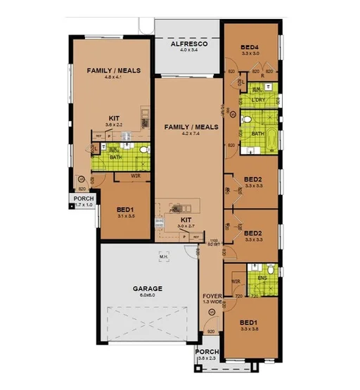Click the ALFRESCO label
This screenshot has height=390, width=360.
tap(187, 44)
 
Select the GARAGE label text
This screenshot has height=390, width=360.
tap(148, 289)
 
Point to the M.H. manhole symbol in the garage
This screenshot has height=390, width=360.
tap(165, 257)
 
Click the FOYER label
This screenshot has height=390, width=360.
tap(212, 296)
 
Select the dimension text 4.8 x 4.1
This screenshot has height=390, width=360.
tap(114, 78)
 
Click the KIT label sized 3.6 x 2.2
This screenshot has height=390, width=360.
tap(114, 118)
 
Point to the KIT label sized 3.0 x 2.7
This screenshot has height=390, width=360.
tap(186, 220)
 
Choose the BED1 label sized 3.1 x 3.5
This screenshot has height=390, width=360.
tap(125, 210)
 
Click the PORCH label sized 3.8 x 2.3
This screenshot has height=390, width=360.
tap(207, 352)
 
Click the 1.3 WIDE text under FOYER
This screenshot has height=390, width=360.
tap(212, 303)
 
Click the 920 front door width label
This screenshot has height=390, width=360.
tap(210, 332)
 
